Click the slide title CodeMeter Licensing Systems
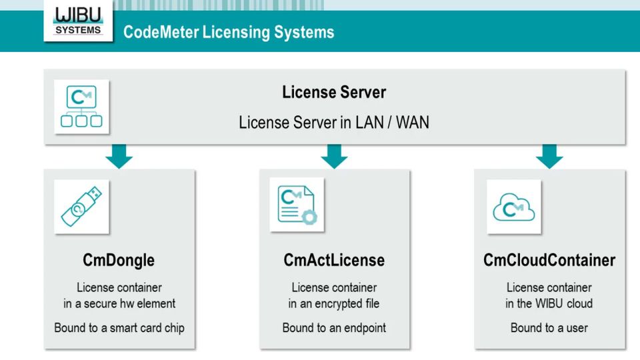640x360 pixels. pyautogui.click(x=229, y=32)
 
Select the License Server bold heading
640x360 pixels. pyautogui.click(x=334, y=92)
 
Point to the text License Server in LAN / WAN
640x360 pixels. pyautogui.click(x=334, y=123)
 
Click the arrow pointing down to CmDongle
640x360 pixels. pyautogui.click(x=119, y=157)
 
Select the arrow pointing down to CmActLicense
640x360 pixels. pyautogui.click(x=334, y=157)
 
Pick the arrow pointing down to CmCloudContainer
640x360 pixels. pyautogui.click(x=549, y=157)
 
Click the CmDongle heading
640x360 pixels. pyautogui.click(x=119, y=260)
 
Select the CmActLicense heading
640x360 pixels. pyautogui.click(x=334, y=260)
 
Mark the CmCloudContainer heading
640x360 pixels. pyautogui.click(x=549, y=260)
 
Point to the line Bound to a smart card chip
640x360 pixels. pyautogui.click(x=119, y=327)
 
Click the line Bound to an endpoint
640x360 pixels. pyautogui.click(x=334, y=327)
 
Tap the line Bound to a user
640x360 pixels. pyautogui.click(x=549, y=327)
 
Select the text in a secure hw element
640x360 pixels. pyautogui.click(x=119, y=303)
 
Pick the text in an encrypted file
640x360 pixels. pyautogui.click(x=334, y=303)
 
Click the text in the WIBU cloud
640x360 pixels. pyautogui.click(x=549, y=303)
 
